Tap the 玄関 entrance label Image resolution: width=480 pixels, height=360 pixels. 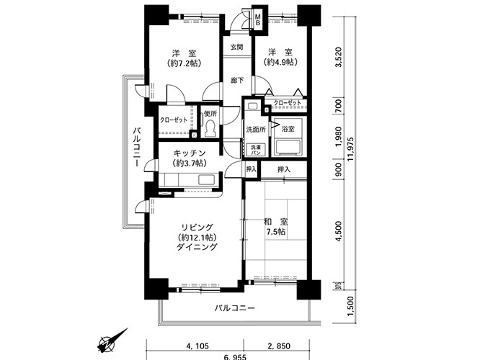click(x=236, y=48)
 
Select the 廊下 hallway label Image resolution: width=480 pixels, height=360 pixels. click(x=236, y=80)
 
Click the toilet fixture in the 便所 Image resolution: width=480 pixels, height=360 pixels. click(x=210, y=129)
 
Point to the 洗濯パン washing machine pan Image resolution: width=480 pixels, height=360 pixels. click(x=256, y=150)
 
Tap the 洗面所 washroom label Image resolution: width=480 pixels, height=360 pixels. click(x=255, y=130)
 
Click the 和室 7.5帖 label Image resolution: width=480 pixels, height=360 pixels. click(x=275, y=227)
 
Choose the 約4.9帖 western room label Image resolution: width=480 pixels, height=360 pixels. click(x=279, y=58)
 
